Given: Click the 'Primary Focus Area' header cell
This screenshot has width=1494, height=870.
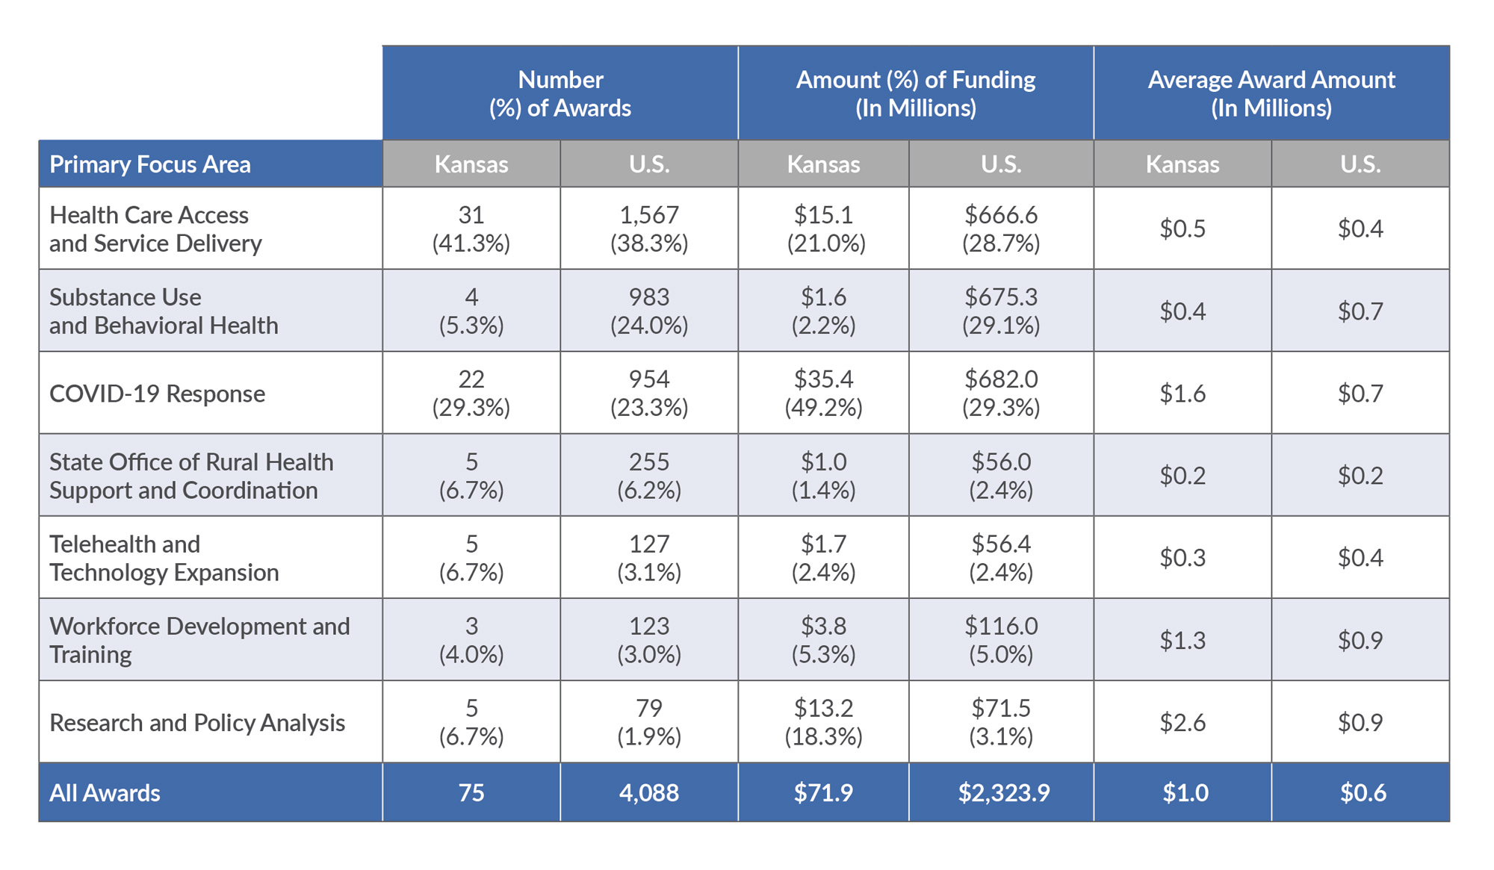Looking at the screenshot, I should click(x=149, y=164).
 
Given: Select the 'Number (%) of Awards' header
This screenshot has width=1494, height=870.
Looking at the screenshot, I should click(x=560, y=93).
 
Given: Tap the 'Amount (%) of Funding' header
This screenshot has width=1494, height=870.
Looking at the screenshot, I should click(x=915, y=93).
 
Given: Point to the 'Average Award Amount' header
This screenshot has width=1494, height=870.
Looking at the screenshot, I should click(x=1271, y=93).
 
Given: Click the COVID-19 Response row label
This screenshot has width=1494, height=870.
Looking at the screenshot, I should click(x=157, y=394).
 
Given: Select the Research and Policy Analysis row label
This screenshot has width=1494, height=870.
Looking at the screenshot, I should click(x=197, y=723).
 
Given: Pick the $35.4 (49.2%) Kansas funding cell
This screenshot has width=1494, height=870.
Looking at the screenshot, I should click(x=823, y=393).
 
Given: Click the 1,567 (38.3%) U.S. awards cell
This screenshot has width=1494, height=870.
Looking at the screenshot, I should click(x=648, y=229).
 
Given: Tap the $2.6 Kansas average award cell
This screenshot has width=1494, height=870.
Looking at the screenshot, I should click(x=1182, y=722).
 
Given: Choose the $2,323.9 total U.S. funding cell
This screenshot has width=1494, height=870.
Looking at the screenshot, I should click(x=1003, y=793).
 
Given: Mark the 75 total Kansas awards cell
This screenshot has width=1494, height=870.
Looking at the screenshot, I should click(x=471, y=793).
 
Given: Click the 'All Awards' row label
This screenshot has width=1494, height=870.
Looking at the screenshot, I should click(x=105, y=793).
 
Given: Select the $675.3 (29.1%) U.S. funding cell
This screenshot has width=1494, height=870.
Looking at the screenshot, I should click(x=1001, y=311).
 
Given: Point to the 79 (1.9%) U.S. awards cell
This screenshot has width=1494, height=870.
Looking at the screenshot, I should click(x=648, y=721).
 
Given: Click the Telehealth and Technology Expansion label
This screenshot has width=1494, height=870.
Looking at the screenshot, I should click(x=164, y=558).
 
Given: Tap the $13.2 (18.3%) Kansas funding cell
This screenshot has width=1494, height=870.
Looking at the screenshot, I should click(x=823, y=721).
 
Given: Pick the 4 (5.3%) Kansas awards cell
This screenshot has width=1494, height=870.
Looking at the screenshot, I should click(x=471, y=311).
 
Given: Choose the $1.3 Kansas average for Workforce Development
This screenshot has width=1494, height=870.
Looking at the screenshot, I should click(x=1182, y=640).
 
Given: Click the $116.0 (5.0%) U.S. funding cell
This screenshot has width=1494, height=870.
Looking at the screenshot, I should click(x=1001, y=639).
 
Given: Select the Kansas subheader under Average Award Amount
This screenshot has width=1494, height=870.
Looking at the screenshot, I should click(x=1182, y=164).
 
